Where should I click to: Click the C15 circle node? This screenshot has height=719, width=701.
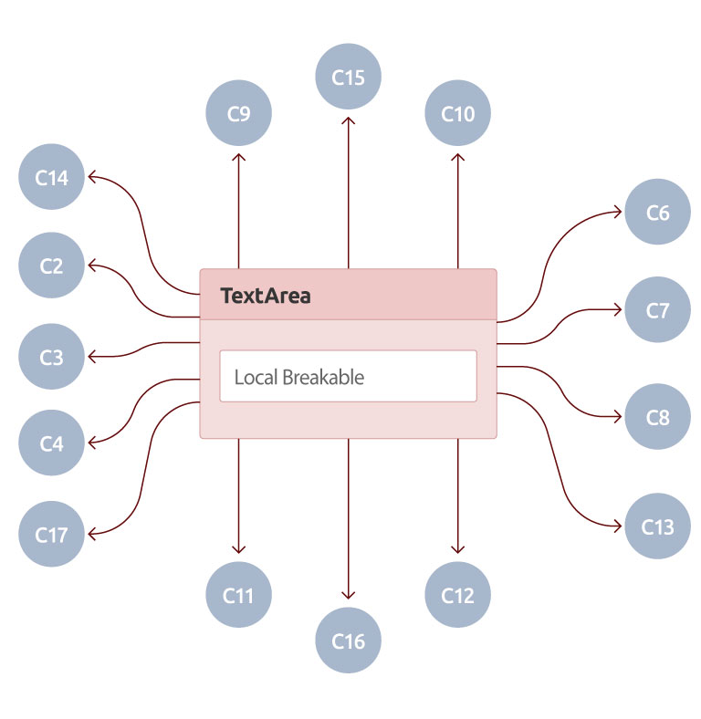[348, 78]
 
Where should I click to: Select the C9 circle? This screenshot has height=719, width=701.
[239, 114]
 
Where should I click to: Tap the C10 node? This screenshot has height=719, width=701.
[457, 114]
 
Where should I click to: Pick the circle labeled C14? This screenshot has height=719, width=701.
[52, 178]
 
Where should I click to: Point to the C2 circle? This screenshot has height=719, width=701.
[52, 266]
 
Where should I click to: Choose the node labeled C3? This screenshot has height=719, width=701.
[52, 357]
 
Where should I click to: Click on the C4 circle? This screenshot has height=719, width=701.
[52, 444]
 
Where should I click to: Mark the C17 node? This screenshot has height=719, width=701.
[52, 535]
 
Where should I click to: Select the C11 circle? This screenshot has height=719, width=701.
[239, 596]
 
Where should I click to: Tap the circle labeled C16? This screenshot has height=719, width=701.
[348, 641]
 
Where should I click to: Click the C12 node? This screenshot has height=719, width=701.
[457, 596]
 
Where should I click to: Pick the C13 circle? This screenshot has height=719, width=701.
[657, 526]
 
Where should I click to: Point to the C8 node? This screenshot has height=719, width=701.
[657, 418]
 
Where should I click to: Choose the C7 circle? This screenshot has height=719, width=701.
[657, 310]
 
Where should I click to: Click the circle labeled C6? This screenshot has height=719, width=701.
[657, 213]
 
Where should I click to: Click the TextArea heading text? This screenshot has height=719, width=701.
[266, 296]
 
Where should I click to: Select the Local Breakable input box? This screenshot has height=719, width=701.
[348, 376]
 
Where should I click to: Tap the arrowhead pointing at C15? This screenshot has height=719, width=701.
[348, 121]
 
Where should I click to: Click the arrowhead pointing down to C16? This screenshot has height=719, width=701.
[348, 596]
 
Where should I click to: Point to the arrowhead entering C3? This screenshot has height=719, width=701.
[93, 357]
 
